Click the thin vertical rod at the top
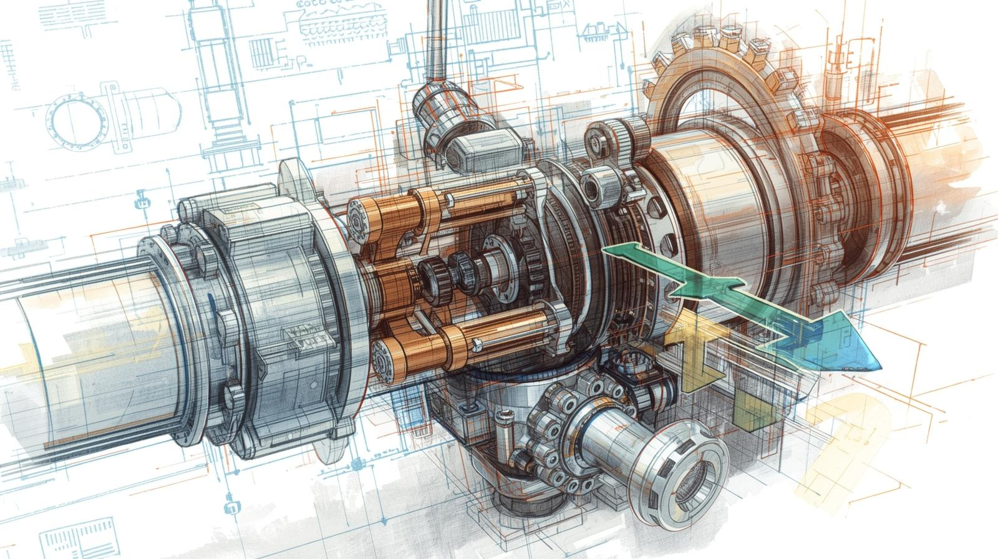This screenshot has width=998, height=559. (435, 37)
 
